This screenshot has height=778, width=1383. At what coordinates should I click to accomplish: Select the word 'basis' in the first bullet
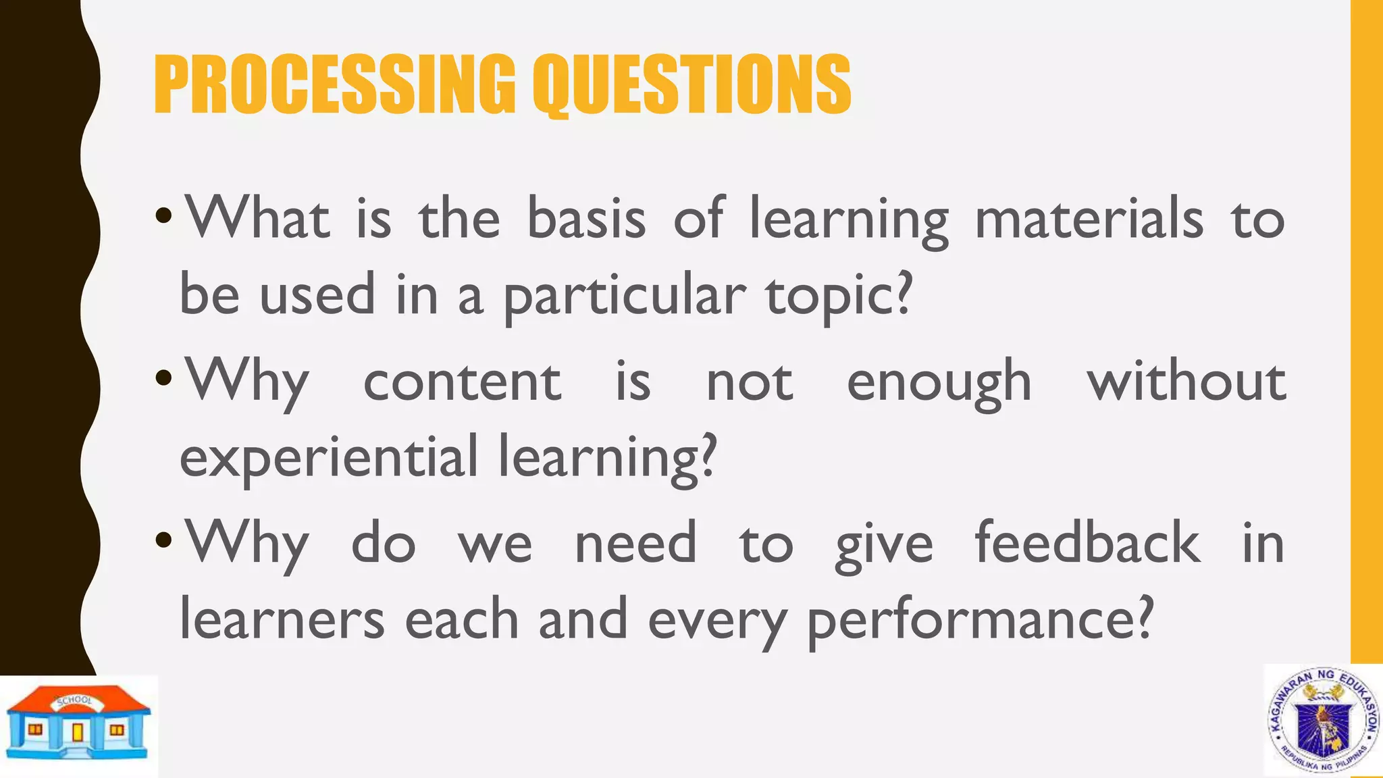pos(585,219)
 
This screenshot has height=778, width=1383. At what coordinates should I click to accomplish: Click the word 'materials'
pos(1089,219)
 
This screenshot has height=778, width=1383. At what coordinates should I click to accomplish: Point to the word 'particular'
pos(625,297)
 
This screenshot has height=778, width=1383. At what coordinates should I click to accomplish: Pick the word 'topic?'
pos(839,297)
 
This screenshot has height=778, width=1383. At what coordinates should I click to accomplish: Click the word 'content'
pos(462,382)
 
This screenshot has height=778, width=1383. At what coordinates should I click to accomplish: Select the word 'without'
pos(1186,382)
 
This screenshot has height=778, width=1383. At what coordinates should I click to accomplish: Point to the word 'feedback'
pos(1087,543)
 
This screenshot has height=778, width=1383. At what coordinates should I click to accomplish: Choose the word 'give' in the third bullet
pos(884,544)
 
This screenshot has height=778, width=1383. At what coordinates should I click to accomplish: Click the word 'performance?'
pos(979,620)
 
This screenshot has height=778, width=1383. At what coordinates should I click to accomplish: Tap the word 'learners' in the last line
pos(282,620)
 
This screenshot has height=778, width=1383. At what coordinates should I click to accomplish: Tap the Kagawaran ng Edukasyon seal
pos(1323,721)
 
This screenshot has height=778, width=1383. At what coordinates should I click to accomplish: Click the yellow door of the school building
pos(78,732)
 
